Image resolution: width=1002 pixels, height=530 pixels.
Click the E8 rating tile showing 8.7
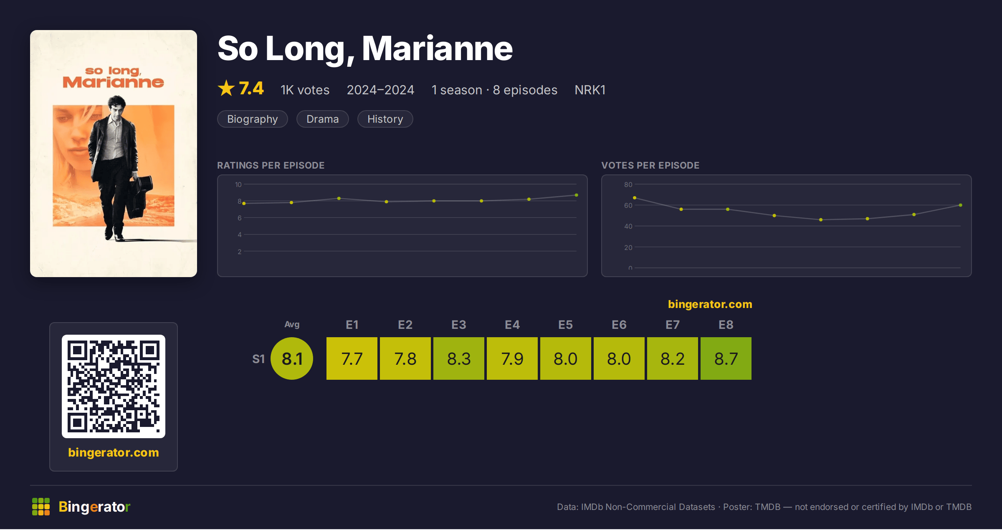(726, 358)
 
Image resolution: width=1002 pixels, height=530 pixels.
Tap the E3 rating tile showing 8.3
(459, 358)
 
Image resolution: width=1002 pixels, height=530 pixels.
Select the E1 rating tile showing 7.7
(352, 358)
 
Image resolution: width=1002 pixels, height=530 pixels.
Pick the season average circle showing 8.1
(292, 358)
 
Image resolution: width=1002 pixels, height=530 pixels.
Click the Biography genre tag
(253, 119)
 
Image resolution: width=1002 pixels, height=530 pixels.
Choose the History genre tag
(385, 119)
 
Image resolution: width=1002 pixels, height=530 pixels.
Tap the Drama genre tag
(323, 119)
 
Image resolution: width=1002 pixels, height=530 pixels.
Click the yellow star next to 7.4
(226, 88)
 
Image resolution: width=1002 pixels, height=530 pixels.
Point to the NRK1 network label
(590, 90)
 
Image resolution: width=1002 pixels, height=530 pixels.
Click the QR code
(114, 386)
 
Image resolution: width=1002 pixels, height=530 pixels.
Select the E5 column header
(566, 325)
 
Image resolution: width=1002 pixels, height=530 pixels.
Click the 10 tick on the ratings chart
(238, 184)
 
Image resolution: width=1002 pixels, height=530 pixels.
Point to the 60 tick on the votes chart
(628, 205)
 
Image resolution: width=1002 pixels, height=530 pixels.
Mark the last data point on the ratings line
(577, 195)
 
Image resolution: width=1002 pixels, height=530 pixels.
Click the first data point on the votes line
(635, 198)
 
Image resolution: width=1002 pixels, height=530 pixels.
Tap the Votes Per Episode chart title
(650, 165)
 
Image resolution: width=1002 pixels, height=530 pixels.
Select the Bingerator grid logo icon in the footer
(41, 507)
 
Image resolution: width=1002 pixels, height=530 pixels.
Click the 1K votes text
(305, 90)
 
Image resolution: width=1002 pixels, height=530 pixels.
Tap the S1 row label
(258, 359)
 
